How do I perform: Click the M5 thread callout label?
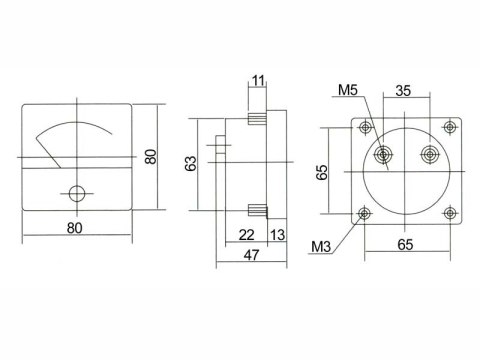tap(348, 90)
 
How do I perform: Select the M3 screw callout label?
tap(321, 247)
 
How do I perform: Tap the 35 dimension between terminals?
tap(403, 91)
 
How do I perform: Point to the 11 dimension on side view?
tap(258, 81)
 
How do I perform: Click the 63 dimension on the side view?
tap(191, 164)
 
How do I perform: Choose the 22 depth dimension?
tap(247, 235)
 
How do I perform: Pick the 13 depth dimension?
tap(277, 235)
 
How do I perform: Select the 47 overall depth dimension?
tap(251, 255)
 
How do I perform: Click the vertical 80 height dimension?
tap(151, 157)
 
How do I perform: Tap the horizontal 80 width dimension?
tap(74, 228)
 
